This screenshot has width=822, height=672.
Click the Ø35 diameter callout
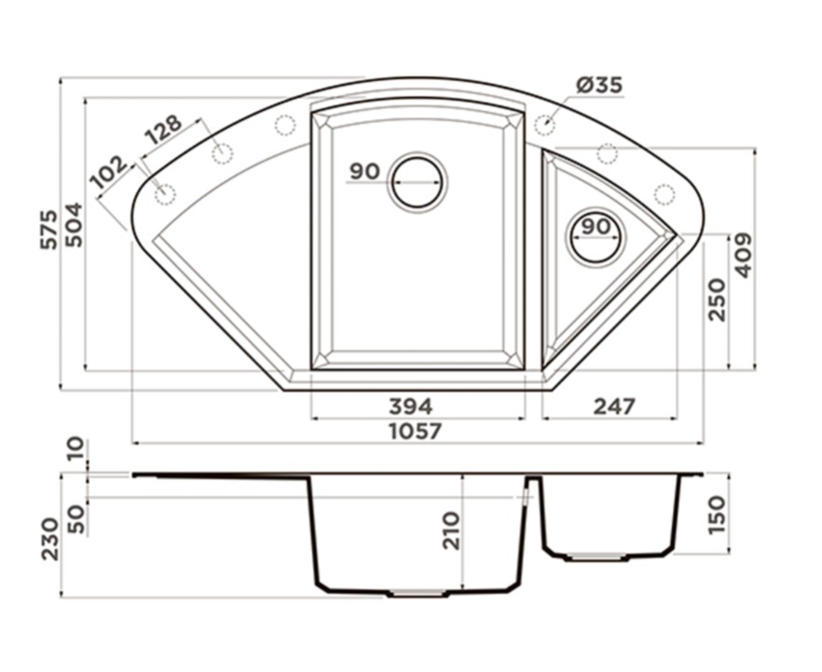[x=599, y=85]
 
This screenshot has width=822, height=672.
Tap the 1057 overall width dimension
[x=416, y=432]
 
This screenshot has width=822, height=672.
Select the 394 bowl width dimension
[x=411, y=406]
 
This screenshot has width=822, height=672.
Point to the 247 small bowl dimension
[x=614, y=406]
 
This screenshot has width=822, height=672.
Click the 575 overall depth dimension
[x=49, y=229]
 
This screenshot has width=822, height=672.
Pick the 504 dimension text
[x=74, y=225]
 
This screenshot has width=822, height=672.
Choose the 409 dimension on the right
[x=742, y=255]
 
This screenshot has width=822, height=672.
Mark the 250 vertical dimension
[x=717, y=300]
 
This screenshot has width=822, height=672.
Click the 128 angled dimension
[x=163, y=129]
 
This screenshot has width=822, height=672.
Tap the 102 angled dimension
[x=109, y=171]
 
